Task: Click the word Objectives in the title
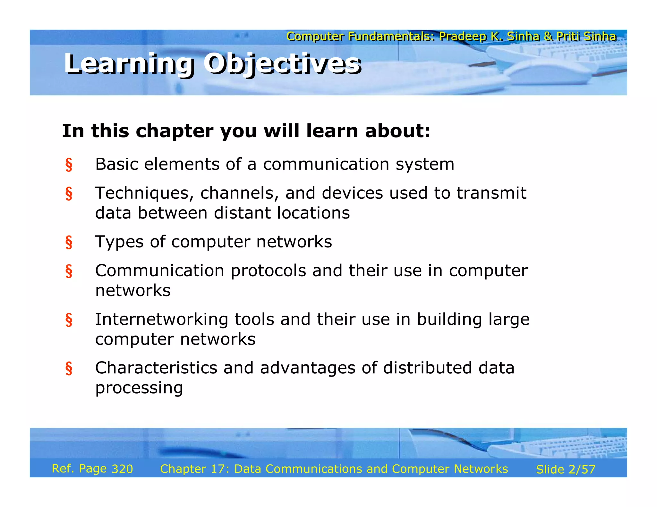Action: (x=282, y=63)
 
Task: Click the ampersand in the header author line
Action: (x=548, y=37)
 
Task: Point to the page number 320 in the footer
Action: (x=122, y=469)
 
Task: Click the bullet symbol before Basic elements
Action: (x=69, y=165)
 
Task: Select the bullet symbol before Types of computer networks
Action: (x=69, y=242)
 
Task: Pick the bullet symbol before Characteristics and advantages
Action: (x=69, y=369)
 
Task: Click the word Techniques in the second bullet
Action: (x=145, y=193)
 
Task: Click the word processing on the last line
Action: (x=139, y=388)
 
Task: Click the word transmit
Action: (x=491, y=193)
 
